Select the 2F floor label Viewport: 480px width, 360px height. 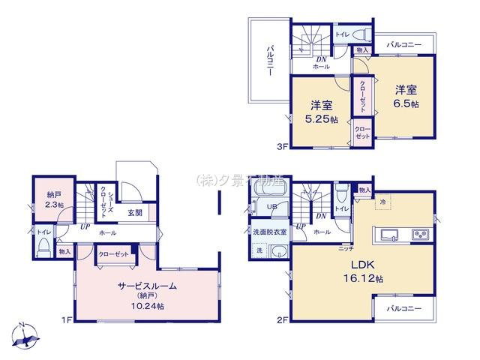click(x=282, y=320)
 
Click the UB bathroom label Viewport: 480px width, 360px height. click(x=276, y=207)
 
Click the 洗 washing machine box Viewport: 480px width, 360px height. click(x=260, y=249)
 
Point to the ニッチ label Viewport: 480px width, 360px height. click(x=346, y=247)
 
